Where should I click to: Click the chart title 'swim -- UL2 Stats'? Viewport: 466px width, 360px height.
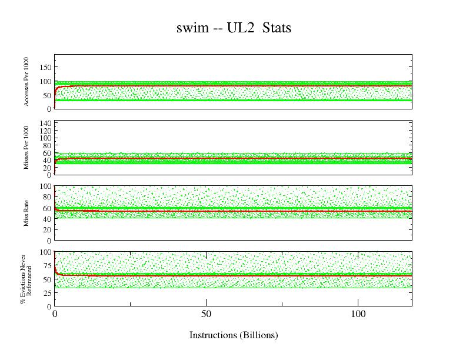click(x=234, y=28)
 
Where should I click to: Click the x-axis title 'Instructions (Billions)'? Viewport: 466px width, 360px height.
click(x=233, y=335)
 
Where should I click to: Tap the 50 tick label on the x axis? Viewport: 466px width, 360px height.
click(x=207, y=315)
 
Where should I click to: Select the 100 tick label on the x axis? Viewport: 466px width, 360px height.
click(x=358, y=315)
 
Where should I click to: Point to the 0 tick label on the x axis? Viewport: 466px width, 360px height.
click(x=55, y=315)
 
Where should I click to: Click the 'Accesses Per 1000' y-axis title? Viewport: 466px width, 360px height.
click(x=26, y=82)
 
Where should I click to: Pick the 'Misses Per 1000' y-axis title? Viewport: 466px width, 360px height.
click(x=26, y=148)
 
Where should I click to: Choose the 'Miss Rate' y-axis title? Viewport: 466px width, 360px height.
click(x=26, y=214)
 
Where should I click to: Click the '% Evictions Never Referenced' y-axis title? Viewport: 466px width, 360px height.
click(x=26, y=279)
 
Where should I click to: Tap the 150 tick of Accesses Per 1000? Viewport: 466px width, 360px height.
click(x=45, y=67)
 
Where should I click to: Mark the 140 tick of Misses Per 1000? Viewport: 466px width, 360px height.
click(x=45, y=124)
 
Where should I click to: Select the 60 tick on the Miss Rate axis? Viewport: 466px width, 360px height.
click(x=46, y=208)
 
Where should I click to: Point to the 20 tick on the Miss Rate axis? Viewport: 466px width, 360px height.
click(x=46, y=230)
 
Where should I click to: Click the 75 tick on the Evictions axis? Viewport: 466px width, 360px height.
click(x=46, y=265)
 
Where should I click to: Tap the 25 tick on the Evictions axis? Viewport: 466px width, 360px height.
click(x=46, y=293)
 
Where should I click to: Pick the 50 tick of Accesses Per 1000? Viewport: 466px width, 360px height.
click(x=46, y=95)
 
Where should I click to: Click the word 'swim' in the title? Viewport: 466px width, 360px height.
click(x=191, y=28)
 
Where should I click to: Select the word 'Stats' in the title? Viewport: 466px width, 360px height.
click(x=277, y=28)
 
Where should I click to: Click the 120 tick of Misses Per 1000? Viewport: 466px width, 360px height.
click(x=45, y=131)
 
